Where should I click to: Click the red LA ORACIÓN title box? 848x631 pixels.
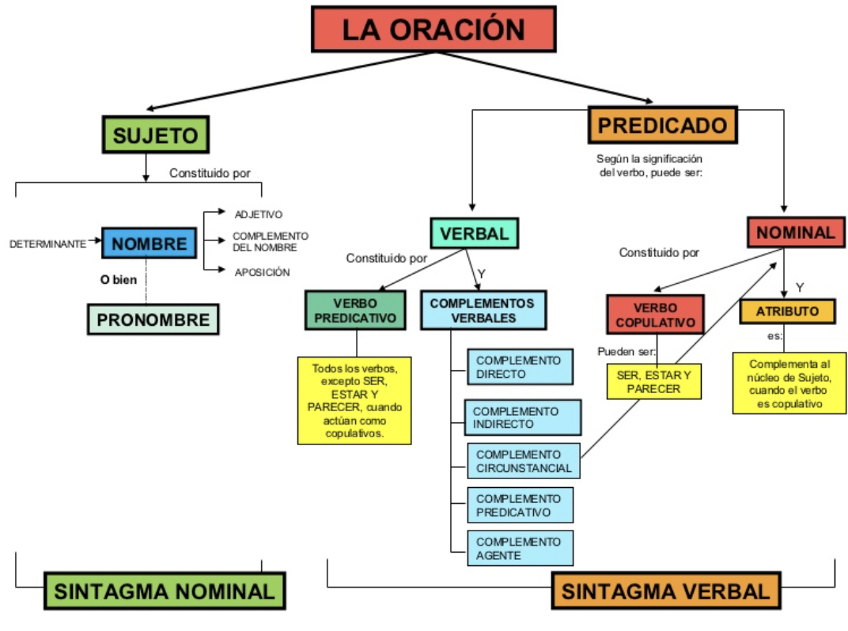tap(433, 29)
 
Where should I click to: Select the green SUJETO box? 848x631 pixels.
tap(155, 134)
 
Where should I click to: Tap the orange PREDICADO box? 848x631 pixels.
tap(662, 126)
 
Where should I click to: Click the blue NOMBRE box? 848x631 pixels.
tap(149, 244)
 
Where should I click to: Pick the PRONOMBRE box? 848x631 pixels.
tap(153, 319)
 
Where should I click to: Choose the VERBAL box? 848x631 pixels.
tap(474, 233)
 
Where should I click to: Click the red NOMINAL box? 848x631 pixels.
tap(794, 232)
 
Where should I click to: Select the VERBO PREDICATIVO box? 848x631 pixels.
tap(355, 310)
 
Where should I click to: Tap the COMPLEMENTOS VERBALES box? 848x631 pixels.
tap(483, 310)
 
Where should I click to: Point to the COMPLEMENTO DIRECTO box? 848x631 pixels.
tap(521, 367)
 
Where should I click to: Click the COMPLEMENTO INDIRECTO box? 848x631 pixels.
tap(523, 418)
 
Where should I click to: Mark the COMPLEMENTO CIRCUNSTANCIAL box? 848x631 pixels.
tap(523, 461)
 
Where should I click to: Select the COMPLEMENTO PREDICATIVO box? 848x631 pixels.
tap(521, 505)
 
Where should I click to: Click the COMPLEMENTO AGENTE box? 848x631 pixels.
tap(521, 548)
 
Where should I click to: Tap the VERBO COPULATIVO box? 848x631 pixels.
tap(655, 315)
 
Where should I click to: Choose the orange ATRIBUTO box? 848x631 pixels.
tap(787, 312)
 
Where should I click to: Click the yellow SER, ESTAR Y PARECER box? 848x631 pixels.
tap(653, 381)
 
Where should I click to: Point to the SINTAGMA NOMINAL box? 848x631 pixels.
tap(165, 591)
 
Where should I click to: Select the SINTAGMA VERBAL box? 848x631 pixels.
tap(665, 591)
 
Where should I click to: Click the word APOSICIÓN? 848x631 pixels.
tap(262, 272)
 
